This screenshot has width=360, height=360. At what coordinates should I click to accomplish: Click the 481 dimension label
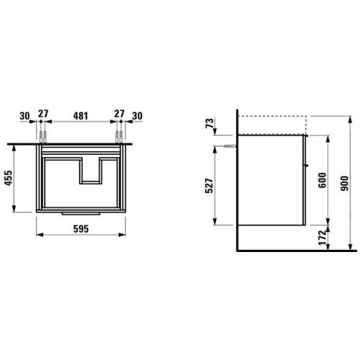point(81,116)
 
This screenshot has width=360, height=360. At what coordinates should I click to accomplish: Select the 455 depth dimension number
point(9,178)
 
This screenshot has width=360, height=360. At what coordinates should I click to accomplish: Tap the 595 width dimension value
point(81,229)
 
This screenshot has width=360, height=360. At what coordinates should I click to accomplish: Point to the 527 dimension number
point(209,186)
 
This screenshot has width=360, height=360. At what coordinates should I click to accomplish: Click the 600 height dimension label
point(323,180)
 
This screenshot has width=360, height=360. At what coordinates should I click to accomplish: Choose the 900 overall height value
point(345,184)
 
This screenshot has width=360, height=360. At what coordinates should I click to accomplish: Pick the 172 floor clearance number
point(323,238)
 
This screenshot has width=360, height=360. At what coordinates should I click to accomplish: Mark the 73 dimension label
point(210,123)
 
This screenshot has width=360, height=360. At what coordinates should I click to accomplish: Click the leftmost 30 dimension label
point(24,116)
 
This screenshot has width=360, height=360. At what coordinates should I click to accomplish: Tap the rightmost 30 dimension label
point(137,116)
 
